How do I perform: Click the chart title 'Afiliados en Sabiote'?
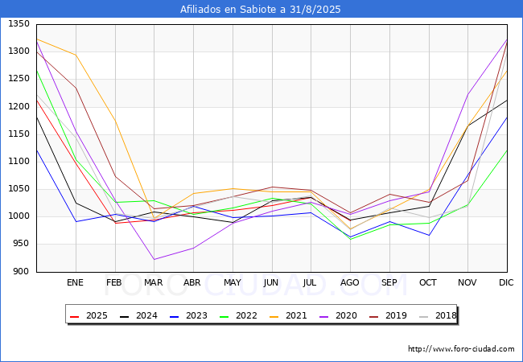click(261, 10)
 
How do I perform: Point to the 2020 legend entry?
click(341, 315)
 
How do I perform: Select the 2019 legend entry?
click(390, 315)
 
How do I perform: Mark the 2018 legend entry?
click(439, 315)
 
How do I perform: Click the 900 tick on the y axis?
click(22, 272)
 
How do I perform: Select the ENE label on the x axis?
click(76, 283)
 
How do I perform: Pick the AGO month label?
click(350, 283)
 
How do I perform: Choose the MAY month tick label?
click(233, 283)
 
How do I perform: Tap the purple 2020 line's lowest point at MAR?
click(154, 259)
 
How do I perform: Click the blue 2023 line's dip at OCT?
click(428, 236)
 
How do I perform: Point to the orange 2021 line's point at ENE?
click(76, 55)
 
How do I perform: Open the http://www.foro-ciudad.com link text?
click(461, 349)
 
